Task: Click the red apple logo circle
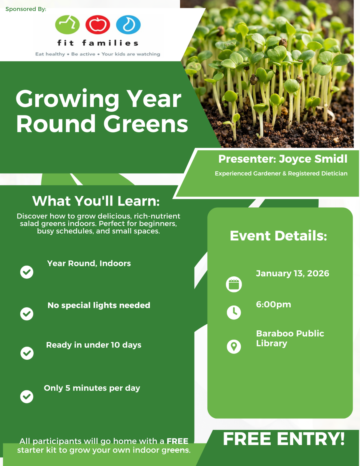pyautogui.click(x=97, y=25)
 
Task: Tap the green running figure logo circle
pyautogui.click(x=67, y=25)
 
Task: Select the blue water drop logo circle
pyautogui.click(x=128, y=25)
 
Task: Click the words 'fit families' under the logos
pyautogui.click(x=98, y=43)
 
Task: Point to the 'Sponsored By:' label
pyautogui.click(x=26, y=9)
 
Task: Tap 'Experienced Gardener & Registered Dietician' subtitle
pyautogui.click(x=281, y=173)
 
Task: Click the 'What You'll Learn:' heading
pyautogui.click(x=96, y=201)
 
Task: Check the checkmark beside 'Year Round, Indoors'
pyautogui.click(x=27, y=272)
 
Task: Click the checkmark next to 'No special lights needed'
pyautogui.click(x=27, y=314)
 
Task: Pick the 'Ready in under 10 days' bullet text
pyautogui.click(x=94, y=345)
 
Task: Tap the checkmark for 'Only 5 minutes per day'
pyautogui.click(x=27, y=397)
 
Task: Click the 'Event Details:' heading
pyautogui.click(x=278, y=236)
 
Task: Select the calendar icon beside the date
pyautogui.click(x=234, y=284)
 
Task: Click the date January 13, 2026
pyautogui.click(x=292, y=273)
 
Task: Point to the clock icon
pyautogui.click(x=234, y=312)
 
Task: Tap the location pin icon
pyautogui.click(x=234, y=347)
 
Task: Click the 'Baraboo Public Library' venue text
pyautogui.click(x=290, y=338)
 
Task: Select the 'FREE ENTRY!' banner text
pyautogui.click(x=284, y=439)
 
